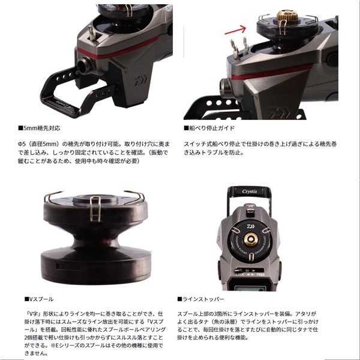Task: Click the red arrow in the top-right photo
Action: coord(235,30)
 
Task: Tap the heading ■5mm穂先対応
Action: coord(39,128)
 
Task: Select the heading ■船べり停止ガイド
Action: coord(209,128)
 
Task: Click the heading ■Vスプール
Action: coord(39,299)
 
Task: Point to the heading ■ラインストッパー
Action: coord(200,299)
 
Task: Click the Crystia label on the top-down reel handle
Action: coord(250,191)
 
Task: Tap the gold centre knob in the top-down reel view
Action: coord(251,239)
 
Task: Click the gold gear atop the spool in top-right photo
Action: coord(287,16)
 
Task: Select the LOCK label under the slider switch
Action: coord(240,275)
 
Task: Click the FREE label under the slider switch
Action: coord(260,275)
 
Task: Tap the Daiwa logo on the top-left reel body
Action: coord(140,80)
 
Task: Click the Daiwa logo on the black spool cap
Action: coord(251,227)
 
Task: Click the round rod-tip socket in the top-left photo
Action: coord(83,65)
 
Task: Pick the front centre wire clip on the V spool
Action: coord(95,208)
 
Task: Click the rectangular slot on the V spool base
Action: coord(66,267)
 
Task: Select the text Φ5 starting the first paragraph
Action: coord(21,144)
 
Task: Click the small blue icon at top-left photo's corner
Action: coord(169,8)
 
